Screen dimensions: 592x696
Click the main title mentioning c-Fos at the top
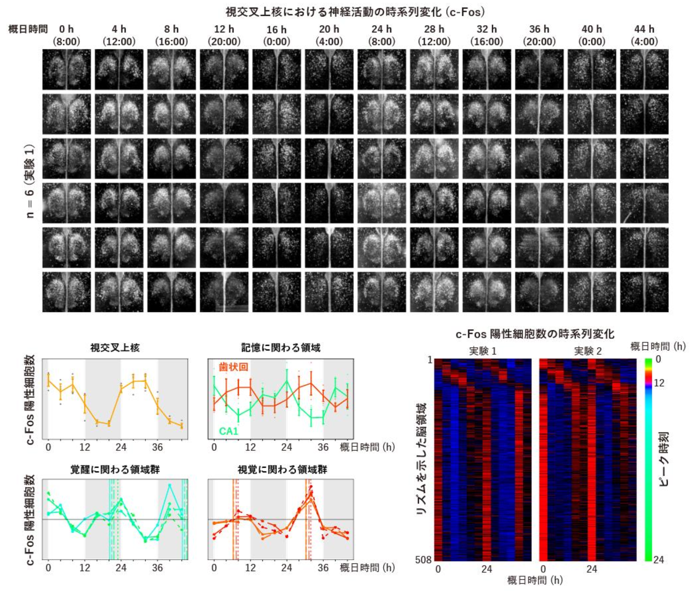[355, 12]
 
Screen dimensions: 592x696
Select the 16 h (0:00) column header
[276, 36]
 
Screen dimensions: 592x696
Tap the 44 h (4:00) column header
[644, 35]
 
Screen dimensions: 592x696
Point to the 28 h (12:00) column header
[434, 35]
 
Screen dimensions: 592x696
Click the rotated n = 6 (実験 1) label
[30, 181]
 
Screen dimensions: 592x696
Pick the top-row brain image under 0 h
[66, 70]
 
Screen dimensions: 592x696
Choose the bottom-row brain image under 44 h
[644, 292]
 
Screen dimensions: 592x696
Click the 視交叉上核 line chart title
[115, 348]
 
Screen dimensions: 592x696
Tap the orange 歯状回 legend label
[233, 367]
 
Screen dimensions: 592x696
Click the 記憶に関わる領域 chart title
[281, 348]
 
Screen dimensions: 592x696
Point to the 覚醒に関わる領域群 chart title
[115, 469]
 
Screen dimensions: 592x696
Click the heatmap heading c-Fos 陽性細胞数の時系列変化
[535, 334]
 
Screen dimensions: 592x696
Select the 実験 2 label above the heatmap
[588, 351]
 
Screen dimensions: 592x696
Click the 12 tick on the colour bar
[659, 383]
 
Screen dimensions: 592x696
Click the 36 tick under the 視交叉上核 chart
[157, 447]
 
